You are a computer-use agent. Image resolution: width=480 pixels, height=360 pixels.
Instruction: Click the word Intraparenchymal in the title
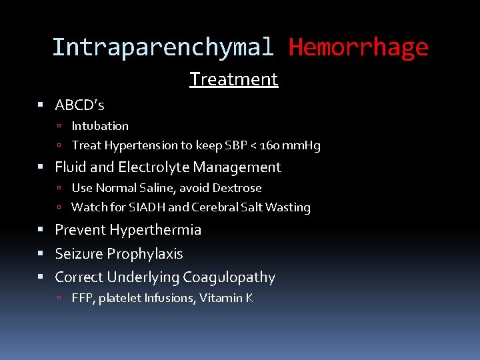pos(162,47)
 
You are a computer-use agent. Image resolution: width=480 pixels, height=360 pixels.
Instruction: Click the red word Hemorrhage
pos(358,47)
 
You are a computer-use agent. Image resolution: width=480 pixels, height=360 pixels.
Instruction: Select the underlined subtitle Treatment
pos(233,79)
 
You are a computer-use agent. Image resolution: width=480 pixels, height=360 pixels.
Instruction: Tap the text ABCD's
pos(79,105)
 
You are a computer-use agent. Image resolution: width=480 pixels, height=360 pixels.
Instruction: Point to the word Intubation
pos(100,126)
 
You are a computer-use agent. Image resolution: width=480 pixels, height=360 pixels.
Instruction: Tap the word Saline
pos(155,188)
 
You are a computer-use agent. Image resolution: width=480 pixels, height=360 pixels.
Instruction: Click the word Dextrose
pos(237,188)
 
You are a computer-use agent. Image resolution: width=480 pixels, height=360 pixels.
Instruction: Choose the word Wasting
pos(287,207)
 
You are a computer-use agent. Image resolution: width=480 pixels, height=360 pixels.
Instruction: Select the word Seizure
pos(79,254)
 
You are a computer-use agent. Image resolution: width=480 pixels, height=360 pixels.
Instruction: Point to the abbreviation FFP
pos(83,298)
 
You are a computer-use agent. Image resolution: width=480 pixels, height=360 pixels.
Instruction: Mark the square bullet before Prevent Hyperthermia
pos(41,230)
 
